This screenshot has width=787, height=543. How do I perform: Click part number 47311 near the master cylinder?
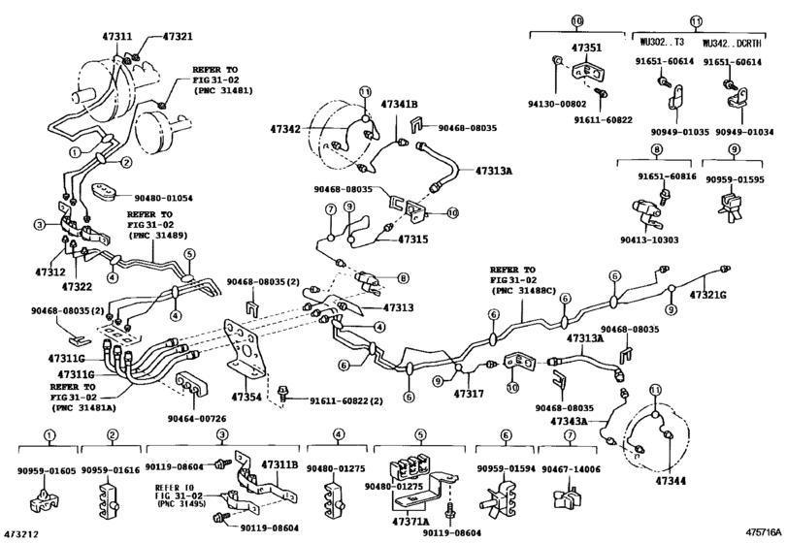point(117,36)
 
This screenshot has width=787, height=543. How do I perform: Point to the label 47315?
point(411,239)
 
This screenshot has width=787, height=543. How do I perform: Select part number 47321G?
point(711,294)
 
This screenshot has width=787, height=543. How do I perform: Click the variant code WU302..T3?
point(662,43)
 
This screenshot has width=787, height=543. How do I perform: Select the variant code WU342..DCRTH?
point(735,43)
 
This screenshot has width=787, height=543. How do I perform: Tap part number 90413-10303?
point(657,240)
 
